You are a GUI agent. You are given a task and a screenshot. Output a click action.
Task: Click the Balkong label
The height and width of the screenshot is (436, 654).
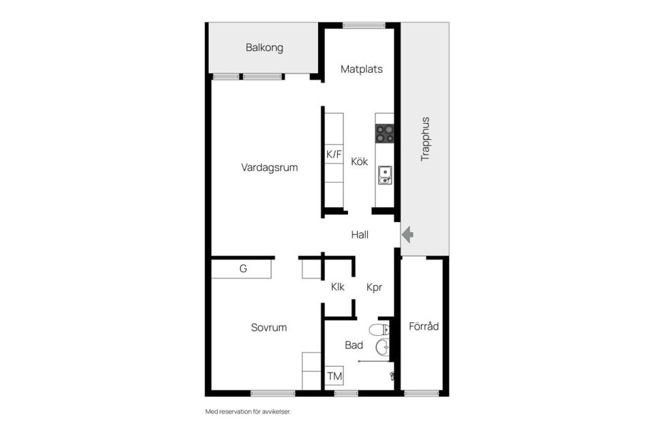(264, 48)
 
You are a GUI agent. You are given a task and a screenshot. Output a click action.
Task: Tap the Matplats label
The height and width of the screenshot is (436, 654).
(361, 69)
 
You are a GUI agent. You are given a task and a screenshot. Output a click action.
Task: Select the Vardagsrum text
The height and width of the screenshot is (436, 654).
(269, 168)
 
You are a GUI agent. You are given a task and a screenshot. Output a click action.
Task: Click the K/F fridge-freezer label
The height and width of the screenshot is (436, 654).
(334, 155)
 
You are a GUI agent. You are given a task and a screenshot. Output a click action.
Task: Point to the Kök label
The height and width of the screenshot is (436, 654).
(359, 162)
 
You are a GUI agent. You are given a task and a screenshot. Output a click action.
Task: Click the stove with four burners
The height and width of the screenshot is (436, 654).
(385, 134)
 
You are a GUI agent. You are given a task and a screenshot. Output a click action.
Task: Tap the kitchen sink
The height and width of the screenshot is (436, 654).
(385, 175)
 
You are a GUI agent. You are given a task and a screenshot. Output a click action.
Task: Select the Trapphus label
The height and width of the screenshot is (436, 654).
(425, 139)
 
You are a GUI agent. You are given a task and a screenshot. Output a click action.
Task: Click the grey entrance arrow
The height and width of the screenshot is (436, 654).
(407, 235)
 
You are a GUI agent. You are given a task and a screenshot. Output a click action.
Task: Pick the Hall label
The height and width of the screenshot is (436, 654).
(360, 235)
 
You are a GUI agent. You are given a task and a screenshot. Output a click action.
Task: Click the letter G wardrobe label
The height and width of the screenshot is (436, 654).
(243, 269)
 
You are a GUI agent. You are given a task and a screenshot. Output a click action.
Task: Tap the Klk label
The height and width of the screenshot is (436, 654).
(338, 287)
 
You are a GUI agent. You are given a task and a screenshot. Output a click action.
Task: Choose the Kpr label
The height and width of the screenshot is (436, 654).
(374, 287)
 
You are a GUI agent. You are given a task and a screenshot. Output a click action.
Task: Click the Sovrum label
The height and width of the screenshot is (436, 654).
(268, 328)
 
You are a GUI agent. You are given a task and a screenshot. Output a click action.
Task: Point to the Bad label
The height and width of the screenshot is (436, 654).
(354, 345)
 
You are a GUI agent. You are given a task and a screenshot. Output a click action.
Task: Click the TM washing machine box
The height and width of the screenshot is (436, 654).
(334, 376)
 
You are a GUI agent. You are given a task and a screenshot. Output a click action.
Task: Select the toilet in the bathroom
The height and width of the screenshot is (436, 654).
(379, 330)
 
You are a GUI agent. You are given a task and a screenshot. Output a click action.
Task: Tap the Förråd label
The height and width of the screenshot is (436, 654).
(424, 326)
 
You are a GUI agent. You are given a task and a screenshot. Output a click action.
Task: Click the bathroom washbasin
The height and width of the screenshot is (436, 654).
(383, 348)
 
